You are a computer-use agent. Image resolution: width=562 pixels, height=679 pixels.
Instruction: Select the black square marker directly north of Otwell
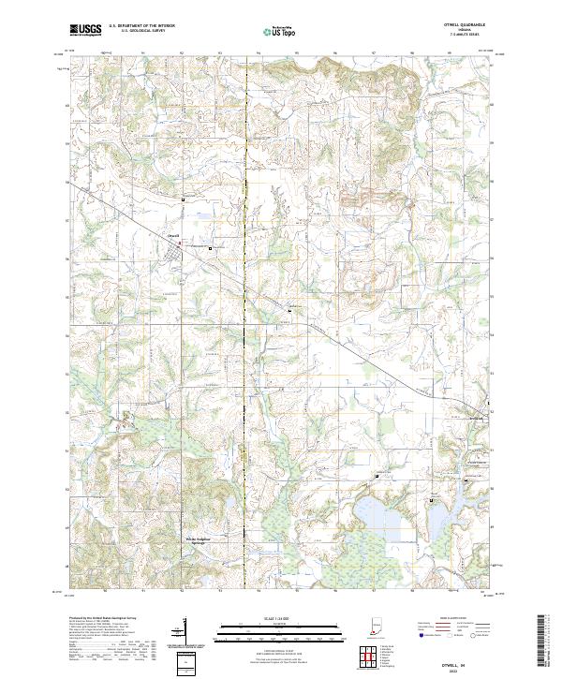184,200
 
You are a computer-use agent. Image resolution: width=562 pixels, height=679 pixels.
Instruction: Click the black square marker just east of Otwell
210,248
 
